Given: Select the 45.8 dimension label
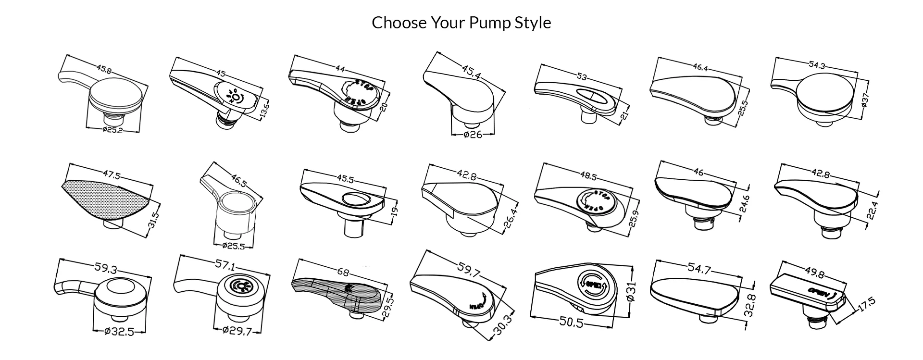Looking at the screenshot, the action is (x=104, y=69).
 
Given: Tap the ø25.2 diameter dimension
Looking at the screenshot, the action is (x=112, y=130).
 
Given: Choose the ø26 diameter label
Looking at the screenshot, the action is (x=473, y=135).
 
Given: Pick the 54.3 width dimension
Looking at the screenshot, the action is (x=817, y=65).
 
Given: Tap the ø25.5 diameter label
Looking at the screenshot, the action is (x=234, y=246).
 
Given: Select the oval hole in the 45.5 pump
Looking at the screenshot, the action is (x=356, y=198).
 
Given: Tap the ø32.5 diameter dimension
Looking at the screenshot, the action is (x=119, y=332).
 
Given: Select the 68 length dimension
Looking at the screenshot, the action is (x=343, y=273).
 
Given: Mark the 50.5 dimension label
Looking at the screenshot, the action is (x=572, y=323).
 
